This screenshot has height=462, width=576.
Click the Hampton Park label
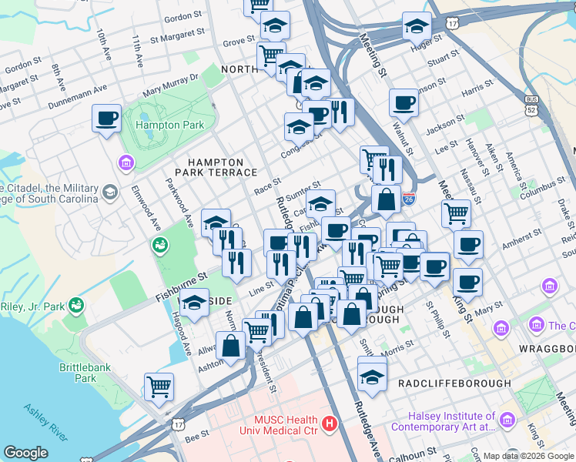169,125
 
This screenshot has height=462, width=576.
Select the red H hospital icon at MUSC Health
330,423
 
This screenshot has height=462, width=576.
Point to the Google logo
25,453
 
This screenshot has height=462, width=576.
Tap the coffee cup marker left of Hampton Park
107,119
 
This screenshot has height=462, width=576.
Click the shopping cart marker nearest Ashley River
159,386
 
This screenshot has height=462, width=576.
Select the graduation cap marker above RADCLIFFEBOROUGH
372,377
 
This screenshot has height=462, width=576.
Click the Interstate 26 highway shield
408,199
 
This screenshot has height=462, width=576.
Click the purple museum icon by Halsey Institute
507,420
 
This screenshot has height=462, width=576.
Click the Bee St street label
197,435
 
